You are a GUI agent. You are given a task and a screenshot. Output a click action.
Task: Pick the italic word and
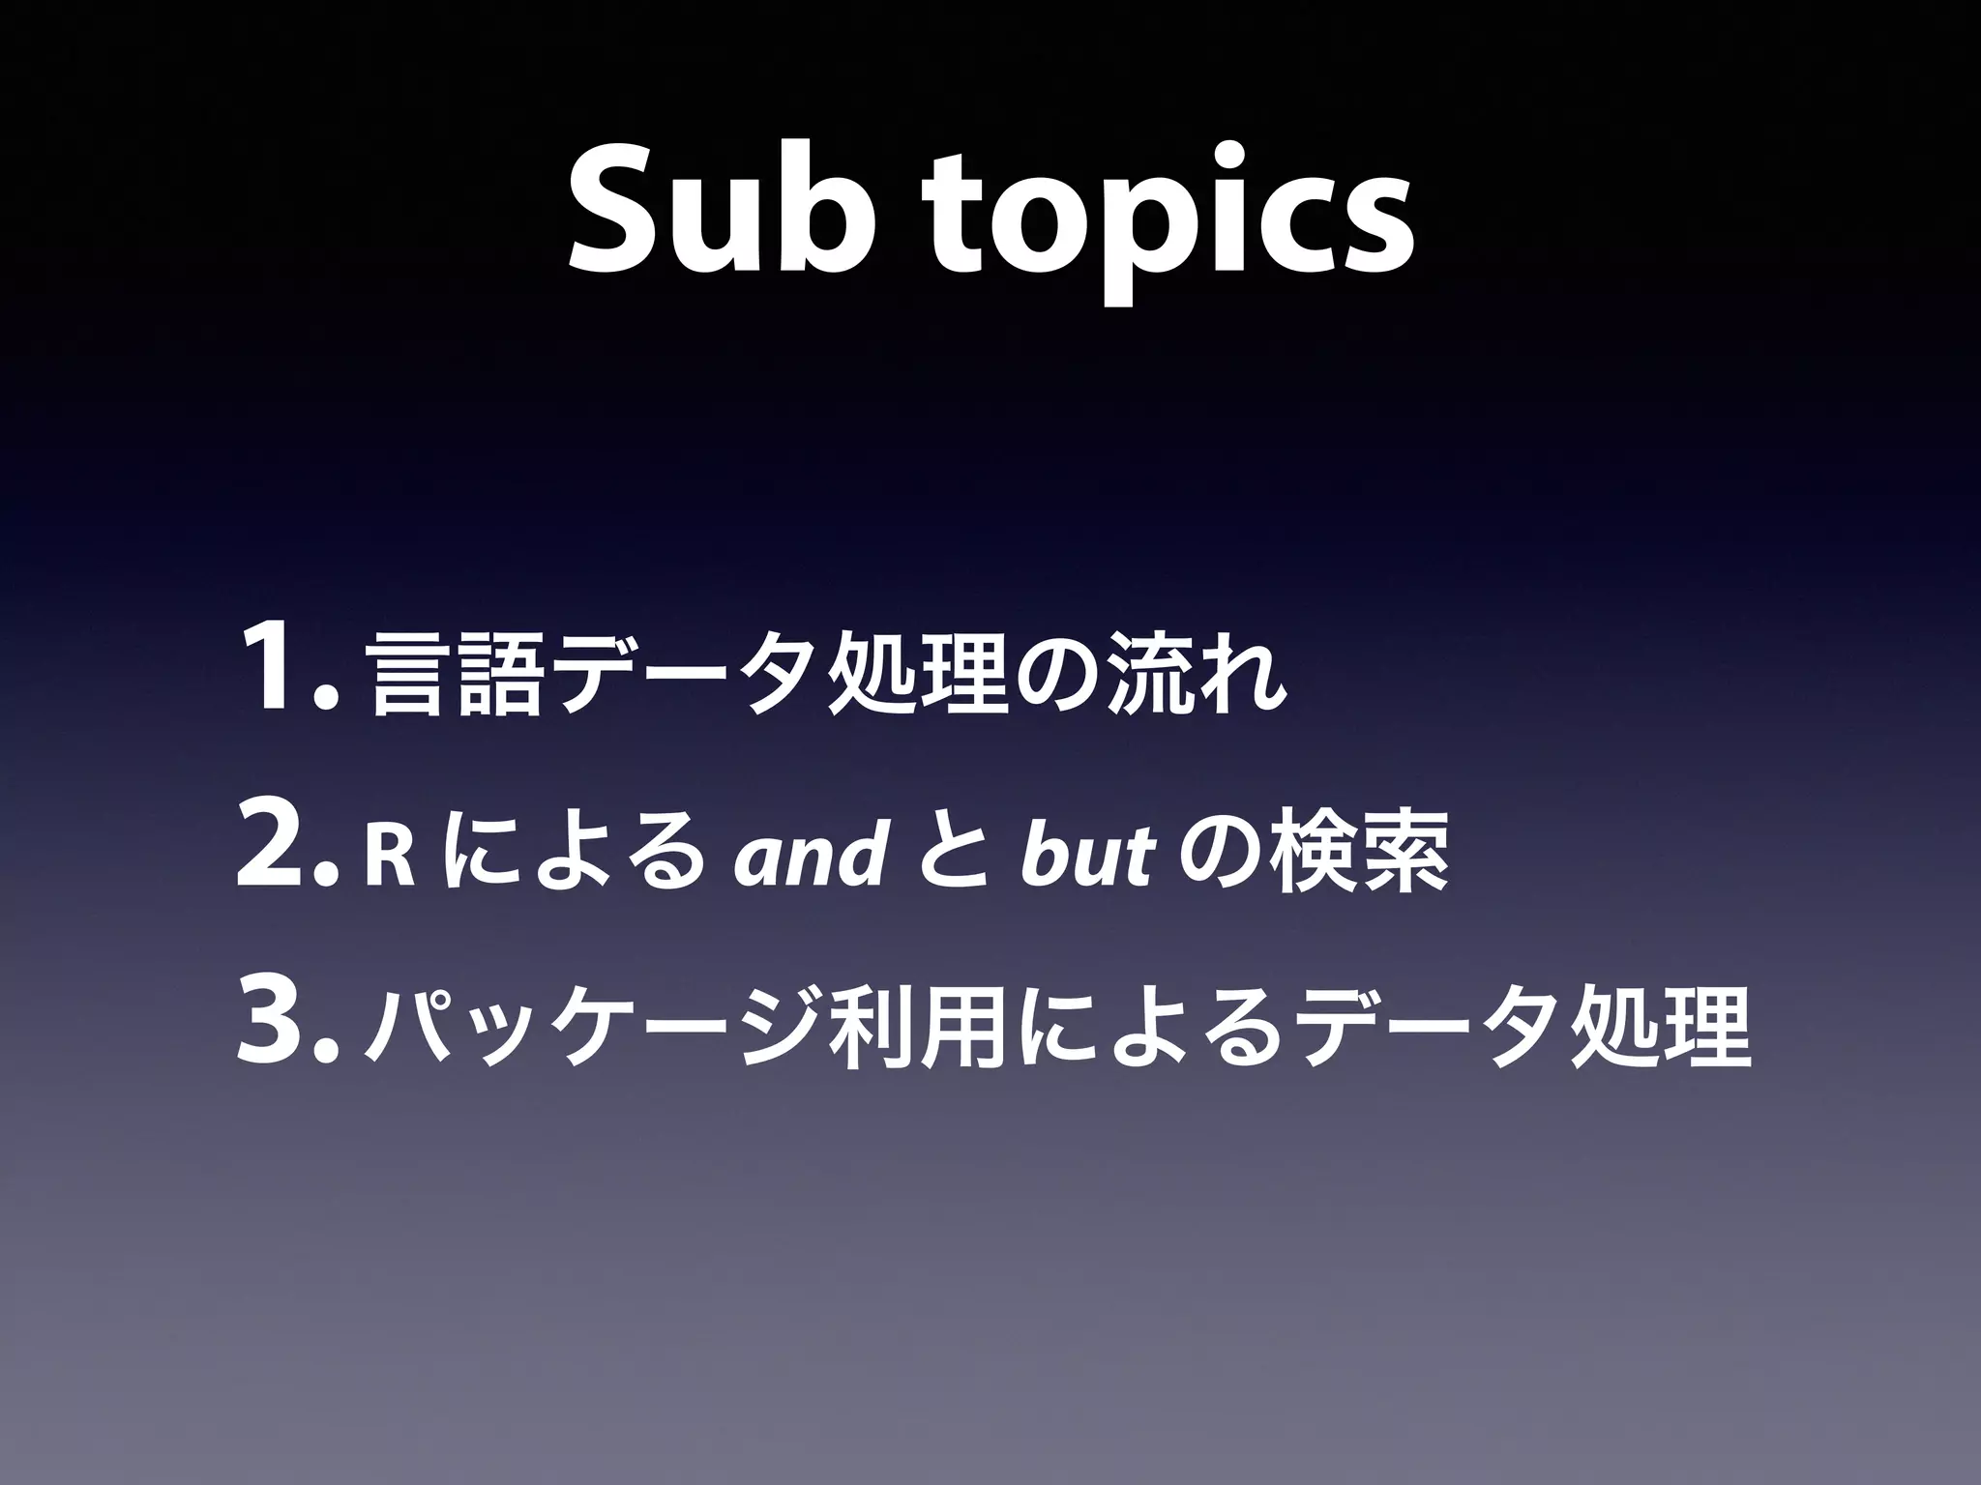point(809,851)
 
